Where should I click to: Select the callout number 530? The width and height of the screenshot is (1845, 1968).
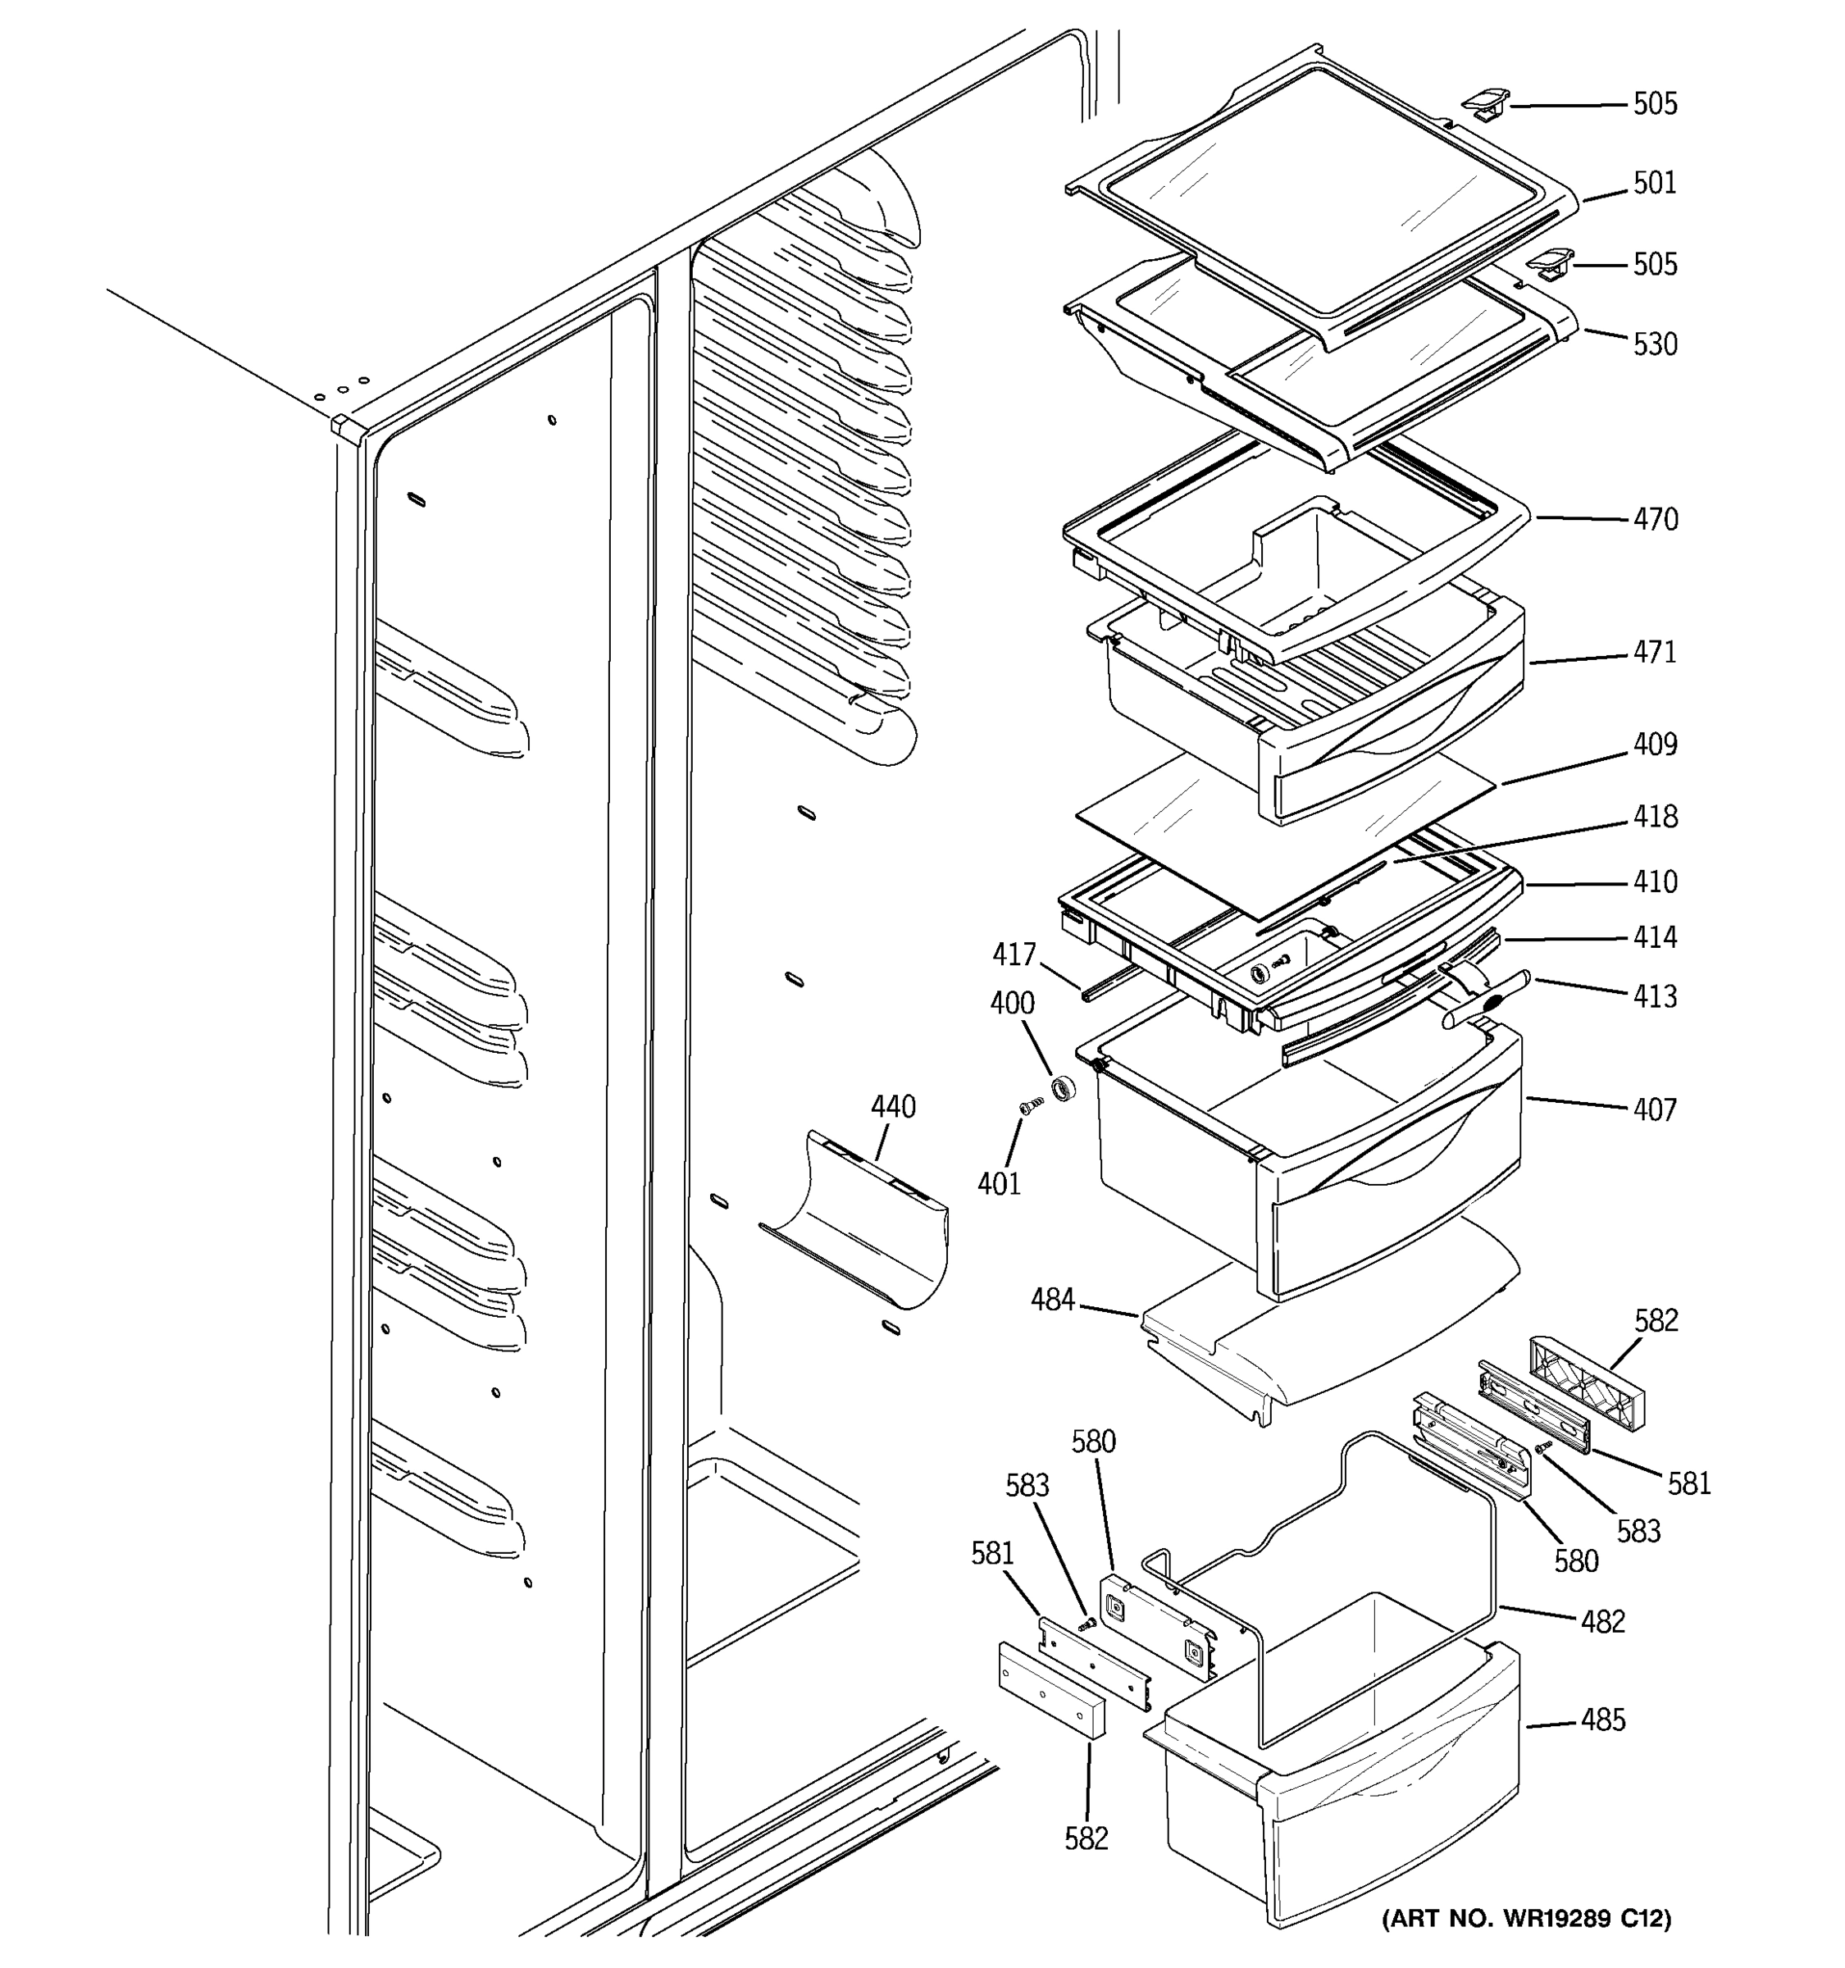[1654, 344]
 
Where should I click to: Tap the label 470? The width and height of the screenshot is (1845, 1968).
[1654, 519]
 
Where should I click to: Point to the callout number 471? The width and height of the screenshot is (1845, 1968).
[1654, 653]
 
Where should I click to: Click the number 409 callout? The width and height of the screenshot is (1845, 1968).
[1654, 744]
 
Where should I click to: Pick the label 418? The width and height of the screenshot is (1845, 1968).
[1654, 817]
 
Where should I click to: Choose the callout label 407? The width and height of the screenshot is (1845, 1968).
[1654, 1109]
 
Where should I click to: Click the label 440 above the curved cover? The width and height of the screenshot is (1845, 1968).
[893, 1107]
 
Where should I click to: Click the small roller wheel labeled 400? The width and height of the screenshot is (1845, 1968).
[1064, 1088]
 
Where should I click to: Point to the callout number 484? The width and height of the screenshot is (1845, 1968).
[1052, 1300]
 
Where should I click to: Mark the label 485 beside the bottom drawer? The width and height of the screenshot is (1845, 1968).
[1602, 1720]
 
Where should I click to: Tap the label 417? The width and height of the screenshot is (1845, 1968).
[1014, 955]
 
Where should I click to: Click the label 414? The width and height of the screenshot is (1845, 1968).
[1654, 937]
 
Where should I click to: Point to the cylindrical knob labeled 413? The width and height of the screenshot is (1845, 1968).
[1485, 1000]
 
